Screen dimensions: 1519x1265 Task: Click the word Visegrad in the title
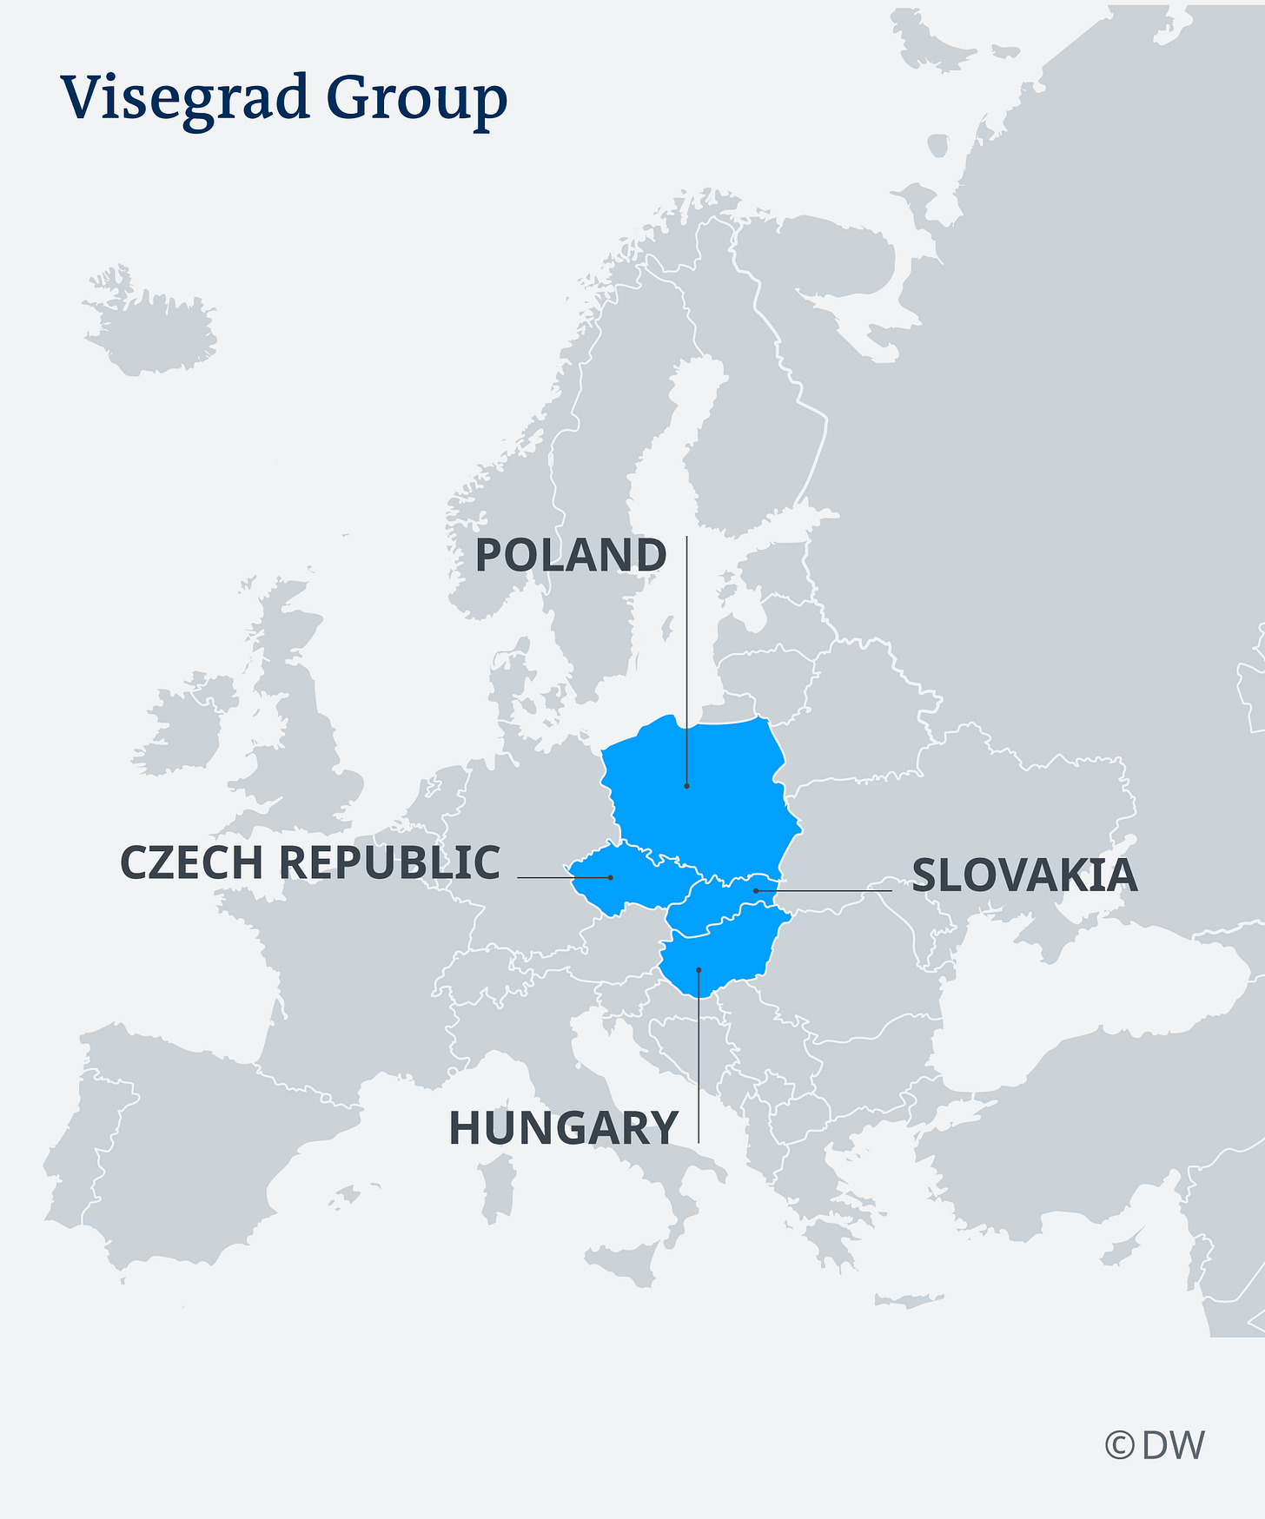point(184,96)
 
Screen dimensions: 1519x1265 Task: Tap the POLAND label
point(570,556)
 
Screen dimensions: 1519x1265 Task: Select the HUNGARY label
point(563,1128)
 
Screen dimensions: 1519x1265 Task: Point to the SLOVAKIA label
point(1024,875)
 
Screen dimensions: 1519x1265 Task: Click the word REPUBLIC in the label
point(389,863)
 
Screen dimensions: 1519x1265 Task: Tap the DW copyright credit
point(1155,1445)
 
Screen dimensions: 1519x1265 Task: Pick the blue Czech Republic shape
point(634,882)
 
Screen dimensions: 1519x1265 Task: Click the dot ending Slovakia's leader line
point(755,890)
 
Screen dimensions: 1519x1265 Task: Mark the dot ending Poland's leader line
point(686,786)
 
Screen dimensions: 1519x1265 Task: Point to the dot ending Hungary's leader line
point(699,969)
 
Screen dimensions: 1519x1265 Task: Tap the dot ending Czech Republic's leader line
point(610,877)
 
